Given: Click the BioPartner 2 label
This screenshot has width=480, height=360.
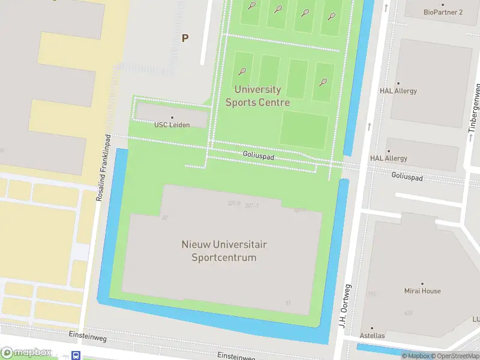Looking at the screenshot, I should pyautogui.click(x=443, y=12).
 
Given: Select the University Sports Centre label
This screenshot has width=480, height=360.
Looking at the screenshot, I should pyautogui.click(x=258, y=96).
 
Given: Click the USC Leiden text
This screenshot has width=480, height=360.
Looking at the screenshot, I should pyautogui.click(x=172, y=125).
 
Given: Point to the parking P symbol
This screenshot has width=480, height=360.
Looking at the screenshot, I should pyautogui.click(x=185, y=38).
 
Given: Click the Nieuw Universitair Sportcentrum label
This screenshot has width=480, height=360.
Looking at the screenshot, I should pyautogui.click(x=224, y=251).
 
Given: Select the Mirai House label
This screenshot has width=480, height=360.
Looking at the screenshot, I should pyautogui.click(x=422, y=291).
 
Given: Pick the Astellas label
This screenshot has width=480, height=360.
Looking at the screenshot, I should pyautogui.click(x=372, y=335).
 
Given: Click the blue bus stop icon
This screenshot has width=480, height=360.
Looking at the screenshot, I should pyautogui.click(x=76, y=355).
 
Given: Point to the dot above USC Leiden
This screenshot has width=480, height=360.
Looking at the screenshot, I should pyautogui.click(x=172, y=118).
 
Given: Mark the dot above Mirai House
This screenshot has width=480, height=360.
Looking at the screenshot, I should pyautogui.click(x=422, y=283).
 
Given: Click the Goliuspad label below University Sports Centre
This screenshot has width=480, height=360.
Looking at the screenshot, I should pyautogui.click(x=259, y=155).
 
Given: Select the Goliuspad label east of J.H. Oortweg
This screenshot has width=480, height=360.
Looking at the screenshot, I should pyautogui.click(x=407, y=177).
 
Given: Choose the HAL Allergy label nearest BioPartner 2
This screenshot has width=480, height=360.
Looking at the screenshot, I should pyautogui.click(x=398, y=91).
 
